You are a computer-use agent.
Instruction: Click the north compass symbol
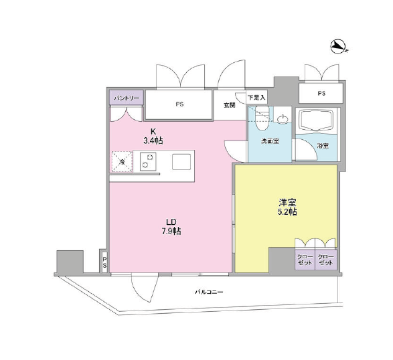tap(338, 47)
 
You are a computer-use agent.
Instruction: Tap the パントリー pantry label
tap(127, 98)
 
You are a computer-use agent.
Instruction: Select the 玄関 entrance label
tap(230, 105)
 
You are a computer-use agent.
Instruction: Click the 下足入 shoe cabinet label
tap(256, 98)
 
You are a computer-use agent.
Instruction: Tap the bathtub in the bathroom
tap(317, 120)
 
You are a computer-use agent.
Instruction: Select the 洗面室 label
tap(270, 141)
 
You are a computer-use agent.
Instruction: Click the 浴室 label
tap(323, 146)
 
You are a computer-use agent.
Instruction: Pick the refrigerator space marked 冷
tap(122, 161)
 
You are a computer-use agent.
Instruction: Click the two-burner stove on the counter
tap(148, 161)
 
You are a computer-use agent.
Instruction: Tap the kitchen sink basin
tap(181, 162)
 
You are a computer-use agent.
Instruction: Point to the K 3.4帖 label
tap(153, 136)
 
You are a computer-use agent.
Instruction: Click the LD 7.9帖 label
tap(171, 226)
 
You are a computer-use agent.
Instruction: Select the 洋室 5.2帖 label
tap(287, 207)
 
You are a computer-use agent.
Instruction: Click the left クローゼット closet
tap(305, 260)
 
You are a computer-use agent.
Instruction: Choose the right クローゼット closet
tap(326, 260)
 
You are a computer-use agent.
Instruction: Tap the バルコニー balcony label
tap(209, 292)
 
